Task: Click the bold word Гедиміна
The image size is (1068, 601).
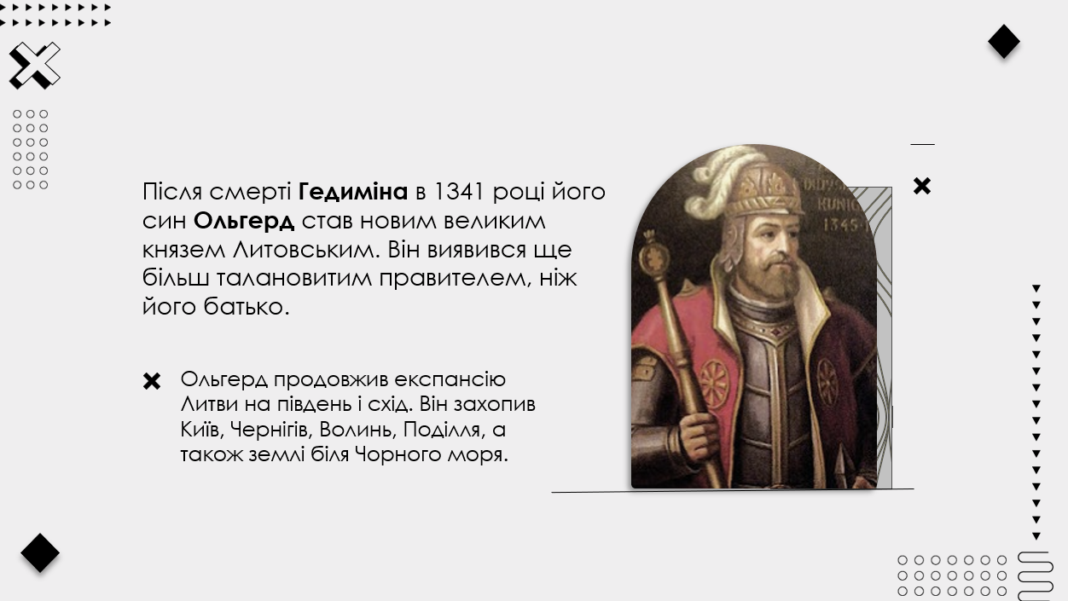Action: point(353,192)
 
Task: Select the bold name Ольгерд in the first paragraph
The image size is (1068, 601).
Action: point(244,221)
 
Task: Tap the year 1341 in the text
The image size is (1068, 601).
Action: point(459,192)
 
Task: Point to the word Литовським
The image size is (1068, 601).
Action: point(306,249)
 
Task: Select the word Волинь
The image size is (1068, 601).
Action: point(358,430)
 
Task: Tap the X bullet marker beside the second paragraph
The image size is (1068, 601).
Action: point(152,381)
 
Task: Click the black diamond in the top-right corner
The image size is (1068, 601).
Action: point(1004,42)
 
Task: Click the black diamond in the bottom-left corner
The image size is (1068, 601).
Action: point(40,553)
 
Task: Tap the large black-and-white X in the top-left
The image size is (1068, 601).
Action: point(34,66)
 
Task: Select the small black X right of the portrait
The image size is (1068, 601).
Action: point(921,186)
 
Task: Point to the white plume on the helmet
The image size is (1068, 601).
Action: point(720,181)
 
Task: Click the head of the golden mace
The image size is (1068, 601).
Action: point(654,256)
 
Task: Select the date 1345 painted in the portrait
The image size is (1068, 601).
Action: point(846,224)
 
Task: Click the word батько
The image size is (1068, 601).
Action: point(247,306)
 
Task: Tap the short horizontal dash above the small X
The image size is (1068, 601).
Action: point(923,144)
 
